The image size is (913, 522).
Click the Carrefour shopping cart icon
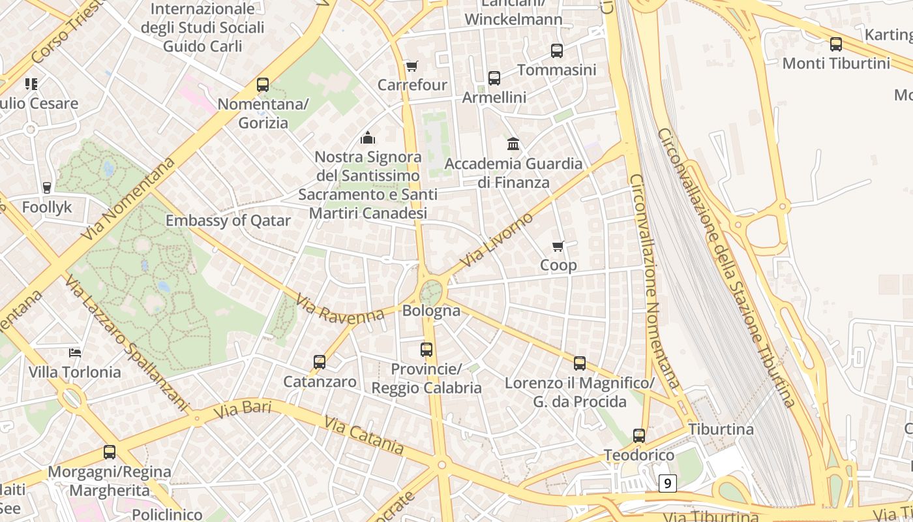pyautogui.click(x=412, y=66)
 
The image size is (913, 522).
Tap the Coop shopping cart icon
pyautogui.click(x=558, y=246)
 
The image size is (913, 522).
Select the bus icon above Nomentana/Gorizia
pyautogui.click(x=263, y=84)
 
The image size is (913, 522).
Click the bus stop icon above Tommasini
pyautogui.click(x=557, y=50)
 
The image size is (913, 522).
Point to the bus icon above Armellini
pyautogui.click(x=494, y=78)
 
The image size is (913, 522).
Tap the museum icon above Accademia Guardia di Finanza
pyautogui.click(x=513, y=144)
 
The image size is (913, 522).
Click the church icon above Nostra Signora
pyautogui.click(x=368, y=138)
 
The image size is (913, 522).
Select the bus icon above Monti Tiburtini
pyautogui.click(x=835, y=44)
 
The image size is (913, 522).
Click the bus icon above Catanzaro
pyautogui.click(x=320, y=361)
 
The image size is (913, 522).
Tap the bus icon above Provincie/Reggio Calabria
pyautogui.click(x=427, y=349)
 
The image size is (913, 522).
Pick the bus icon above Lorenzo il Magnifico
pyautogui.click(x=580, y=363)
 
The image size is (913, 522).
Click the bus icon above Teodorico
pyautogui.click(x=639, y=435)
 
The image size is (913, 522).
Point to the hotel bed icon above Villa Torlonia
pyautogui.click(x=75, y=353)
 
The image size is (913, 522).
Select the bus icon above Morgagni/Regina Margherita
pyautogui.click(x=110, y=452)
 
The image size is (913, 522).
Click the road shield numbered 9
pyautogui.click(x=667, y=484)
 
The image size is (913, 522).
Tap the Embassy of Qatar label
pyautogui.click(x=228, y=221)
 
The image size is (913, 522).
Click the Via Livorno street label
pyautogui.click(x=496, y=239)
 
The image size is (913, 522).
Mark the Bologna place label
pyautogui.click(x=431, y=311)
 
